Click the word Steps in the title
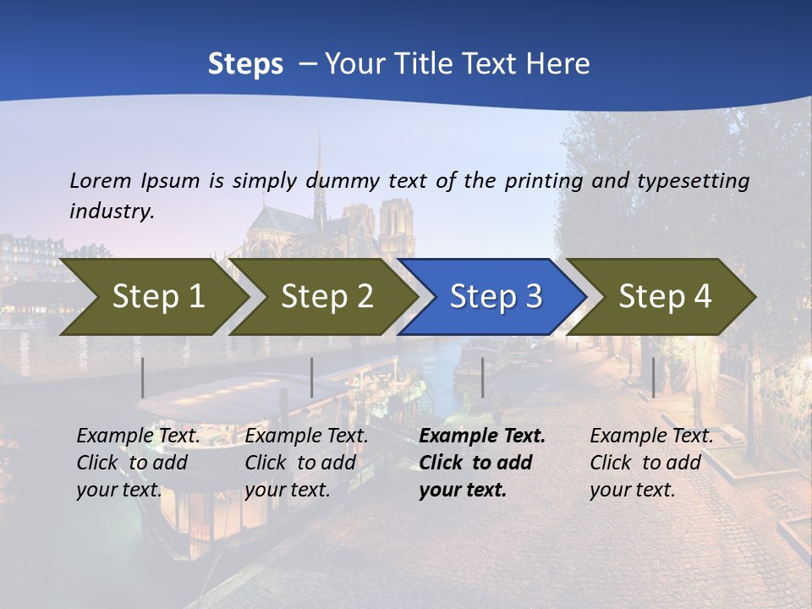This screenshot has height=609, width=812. [245, 64]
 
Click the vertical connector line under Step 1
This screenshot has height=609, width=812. [143, 377]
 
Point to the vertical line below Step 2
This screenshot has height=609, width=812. [312, 377]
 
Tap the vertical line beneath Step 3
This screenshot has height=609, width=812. [482, 377]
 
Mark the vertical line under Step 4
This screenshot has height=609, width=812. [653, 377]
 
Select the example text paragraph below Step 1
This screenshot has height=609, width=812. [138, 463]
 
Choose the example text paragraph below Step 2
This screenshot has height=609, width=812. [306, 463]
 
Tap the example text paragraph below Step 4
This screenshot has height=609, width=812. [651, 463]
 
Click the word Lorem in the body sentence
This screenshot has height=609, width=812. [100, 181]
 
